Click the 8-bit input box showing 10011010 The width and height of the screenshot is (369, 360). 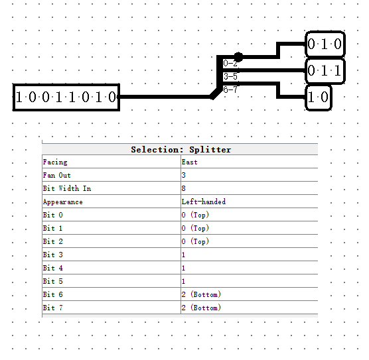click(66, 97)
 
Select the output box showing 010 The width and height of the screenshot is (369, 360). click(325, 44)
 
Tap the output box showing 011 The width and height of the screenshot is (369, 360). click(325, 70)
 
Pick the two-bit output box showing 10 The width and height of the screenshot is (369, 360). click(318, 97)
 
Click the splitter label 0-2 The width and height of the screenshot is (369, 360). click(230, 64)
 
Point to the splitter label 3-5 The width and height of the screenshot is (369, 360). click(230, 76)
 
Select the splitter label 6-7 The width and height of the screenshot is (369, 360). click(230, 89)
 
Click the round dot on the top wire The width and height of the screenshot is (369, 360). click(238, 57)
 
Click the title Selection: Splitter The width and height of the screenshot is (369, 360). click(181, 149)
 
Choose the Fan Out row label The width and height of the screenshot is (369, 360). click(56, 175)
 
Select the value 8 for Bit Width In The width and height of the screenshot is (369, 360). click(184, 188)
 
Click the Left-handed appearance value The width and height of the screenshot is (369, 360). click(203, 202)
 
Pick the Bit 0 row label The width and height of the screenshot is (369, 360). click(53, 215)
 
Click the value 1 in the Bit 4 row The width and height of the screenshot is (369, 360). click(184, 268)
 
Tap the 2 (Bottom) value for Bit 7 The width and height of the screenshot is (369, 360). click(200, 308)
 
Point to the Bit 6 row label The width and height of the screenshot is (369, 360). click(53, 294)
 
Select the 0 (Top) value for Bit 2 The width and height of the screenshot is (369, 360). click(195, 241)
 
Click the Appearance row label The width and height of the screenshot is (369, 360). click(62, 202)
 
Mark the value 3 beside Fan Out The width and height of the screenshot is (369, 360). click(184, 175)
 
